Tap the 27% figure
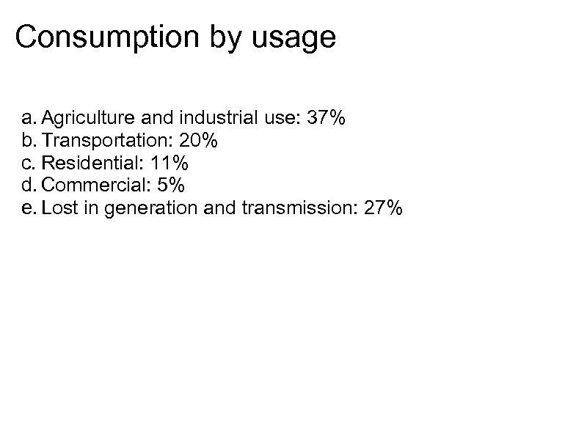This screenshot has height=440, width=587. pos(383,208)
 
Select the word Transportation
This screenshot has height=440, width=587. pos(104,140)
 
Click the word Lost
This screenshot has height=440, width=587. pos(57,208)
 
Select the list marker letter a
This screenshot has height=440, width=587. pos(28,118)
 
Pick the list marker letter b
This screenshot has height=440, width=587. pos(28,140)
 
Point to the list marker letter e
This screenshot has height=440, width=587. pos(28,209)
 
